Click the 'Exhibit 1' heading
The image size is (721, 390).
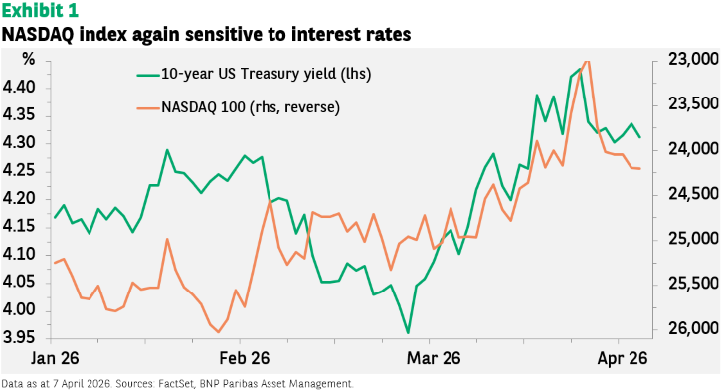(40, 10)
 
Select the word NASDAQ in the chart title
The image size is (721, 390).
(36, 35)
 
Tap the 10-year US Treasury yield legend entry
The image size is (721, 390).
(254, 74)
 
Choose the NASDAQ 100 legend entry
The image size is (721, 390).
(239, 107)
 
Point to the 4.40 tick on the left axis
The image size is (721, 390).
(19, 88)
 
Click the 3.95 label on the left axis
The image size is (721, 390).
(19, 338)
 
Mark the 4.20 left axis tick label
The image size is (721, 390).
(19, 199)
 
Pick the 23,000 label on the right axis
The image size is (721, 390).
(693, 60)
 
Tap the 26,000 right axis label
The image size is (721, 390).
(693, 328)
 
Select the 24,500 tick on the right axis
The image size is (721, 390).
(693, 194)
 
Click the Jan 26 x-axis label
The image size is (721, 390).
(55, 358)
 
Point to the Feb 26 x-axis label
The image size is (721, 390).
(245, 358)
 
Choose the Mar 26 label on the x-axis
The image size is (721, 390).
(434, 358)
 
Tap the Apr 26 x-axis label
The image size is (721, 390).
(623, 358)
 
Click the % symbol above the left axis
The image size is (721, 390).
(29, 59)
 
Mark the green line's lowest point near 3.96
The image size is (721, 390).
(408, 332)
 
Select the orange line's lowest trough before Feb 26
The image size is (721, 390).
(218, 332)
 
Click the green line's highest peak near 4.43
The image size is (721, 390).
(580, 69)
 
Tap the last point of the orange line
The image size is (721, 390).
(640, 169)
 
